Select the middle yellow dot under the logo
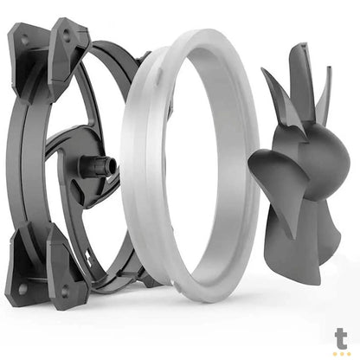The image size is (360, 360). click(342, 352)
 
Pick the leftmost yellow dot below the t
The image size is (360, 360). click(335, 352)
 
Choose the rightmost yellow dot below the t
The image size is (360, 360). click(349, 352)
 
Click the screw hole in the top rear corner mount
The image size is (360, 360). click(23, 39)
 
